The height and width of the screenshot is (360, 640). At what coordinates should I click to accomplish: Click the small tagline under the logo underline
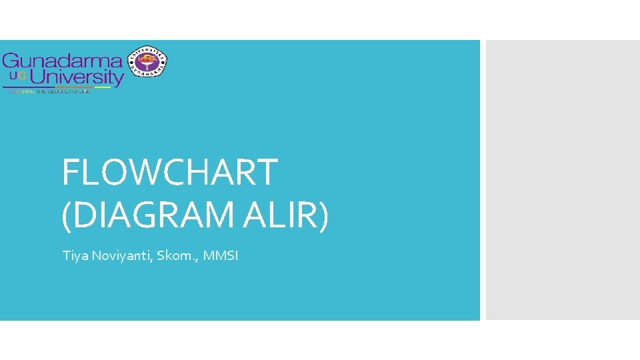click(48, 91)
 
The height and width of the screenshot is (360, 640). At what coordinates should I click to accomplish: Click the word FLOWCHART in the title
click(169, 172)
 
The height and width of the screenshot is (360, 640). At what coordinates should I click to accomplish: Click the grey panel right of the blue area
click(563, 180)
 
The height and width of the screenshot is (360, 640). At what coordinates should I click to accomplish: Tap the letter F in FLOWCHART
click(70, 172)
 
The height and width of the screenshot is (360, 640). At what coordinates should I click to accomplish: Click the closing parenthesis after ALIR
click(323, 217)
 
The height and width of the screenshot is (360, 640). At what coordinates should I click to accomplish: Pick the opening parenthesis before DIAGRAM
click(66, 217)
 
